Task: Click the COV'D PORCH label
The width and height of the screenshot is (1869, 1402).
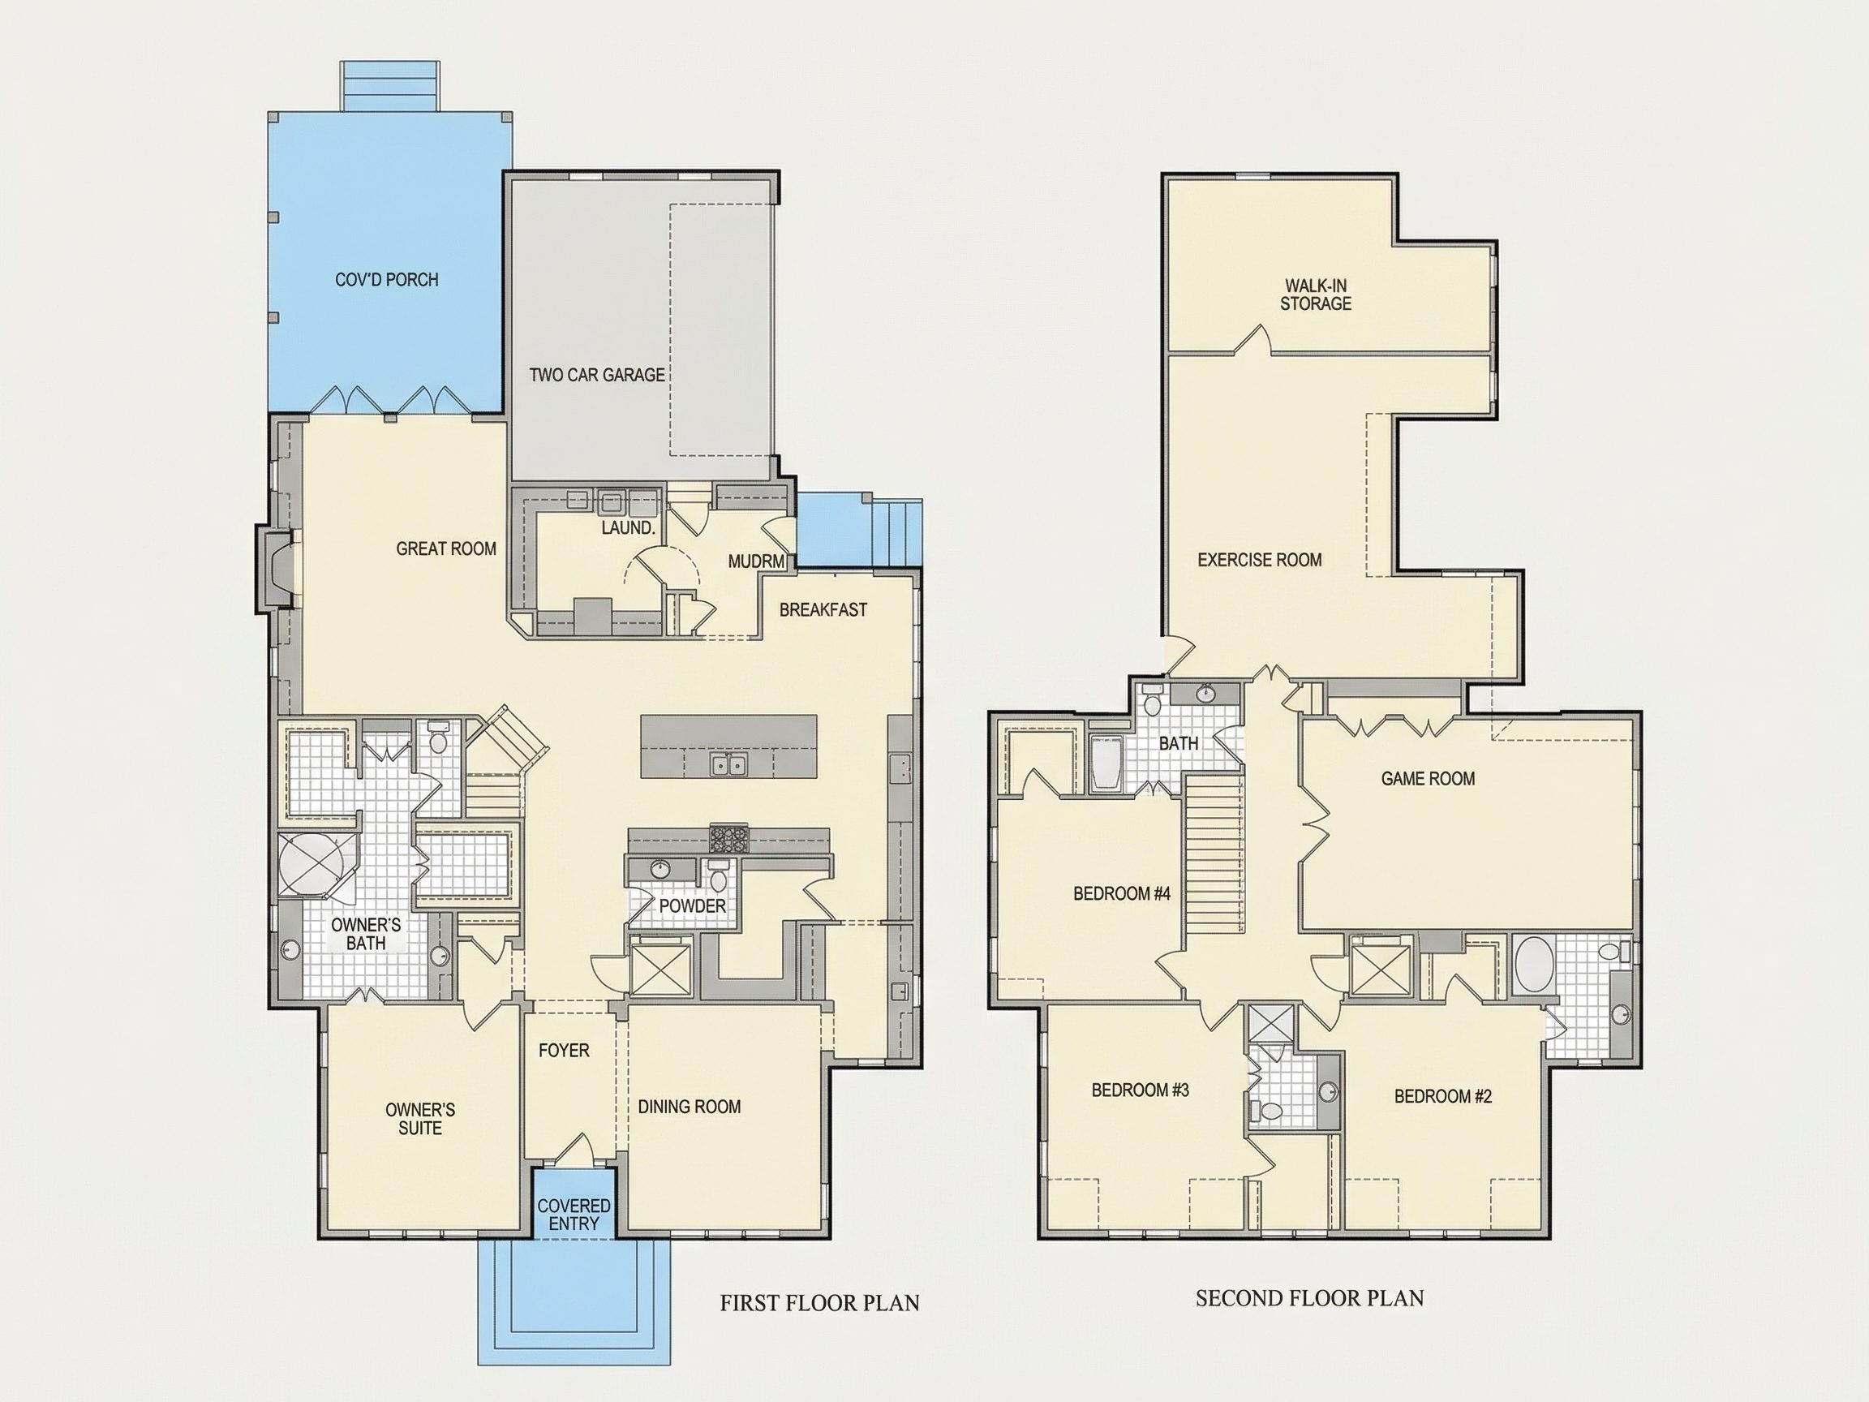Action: click(x=387, y=280)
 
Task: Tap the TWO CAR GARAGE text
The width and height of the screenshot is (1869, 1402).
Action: click(x=597, y=375)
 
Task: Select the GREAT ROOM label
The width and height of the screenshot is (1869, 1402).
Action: click(x=446, y=549)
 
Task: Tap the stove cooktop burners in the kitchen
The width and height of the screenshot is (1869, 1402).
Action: click(x=729, y=838)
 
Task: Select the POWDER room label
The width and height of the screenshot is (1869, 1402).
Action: click(x=693, y=906)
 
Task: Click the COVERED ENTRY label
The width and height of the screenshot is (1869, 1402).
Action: click(x=574, y=1215)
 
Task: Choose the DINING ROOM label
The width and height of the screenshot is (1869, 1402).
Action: click(x=690, y=1107)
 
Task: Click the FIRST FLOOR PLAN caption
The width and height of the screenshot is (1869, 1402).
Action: click(x=819, y=1303)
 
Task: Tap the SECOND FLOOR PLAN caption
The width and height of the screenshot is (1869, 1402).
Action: click(x=1309, y=1298)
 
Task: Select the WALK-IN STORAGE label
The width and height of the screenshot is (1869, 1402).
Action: click(x=1316, y=295)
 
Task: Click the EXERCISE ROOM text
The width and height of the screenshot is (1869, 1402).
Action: click(x=1260, y=560)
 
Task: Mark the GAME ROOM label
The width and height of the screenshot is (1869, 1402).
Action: click(x=1428, y=778)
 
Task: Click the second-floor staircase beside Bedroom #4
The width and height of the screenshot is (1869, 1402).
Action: click(x=1214, y=855)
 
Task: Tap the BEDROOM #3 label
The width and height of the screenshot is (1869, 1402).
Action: click(x=1140, y=1090)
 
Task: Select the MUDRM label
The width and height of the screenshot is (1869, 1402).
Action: click(x=756, y=561)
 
